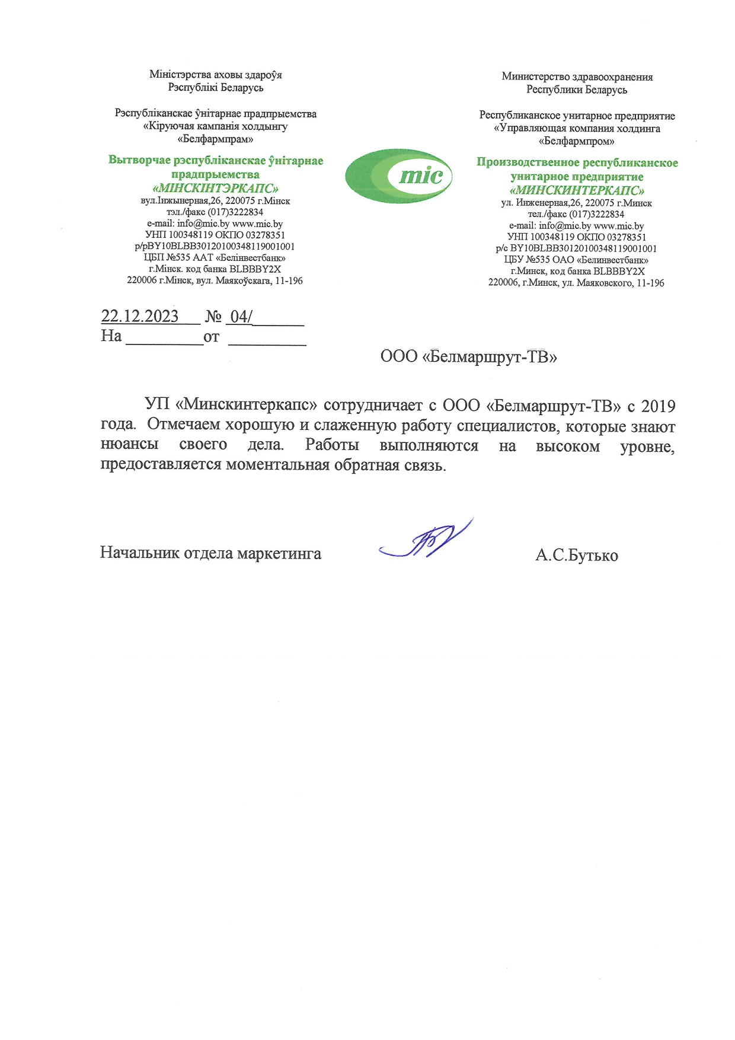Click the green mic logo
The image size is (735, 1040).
pos(399,176)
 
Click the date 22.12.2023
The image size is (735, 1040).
pos(140,317)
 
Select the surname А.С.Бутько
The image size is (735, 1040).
pos(576,556)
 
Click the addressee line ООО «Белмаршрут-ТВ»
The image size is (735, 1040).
pos(468,357)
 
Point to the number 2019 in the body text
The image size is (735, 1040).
pos(658,406)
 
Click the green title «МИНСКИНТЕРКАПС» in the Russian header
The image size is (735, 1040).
pos(577,190)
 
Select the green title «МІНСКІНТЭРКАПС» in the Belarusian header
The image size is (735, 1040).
pos(216,189)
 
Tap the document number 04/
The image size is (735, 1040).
pos(241,317)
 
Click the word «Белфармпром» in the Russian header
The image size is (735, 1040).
pos(576,141)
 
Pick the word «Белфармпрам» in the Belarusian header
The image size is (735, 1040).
pos(215,139)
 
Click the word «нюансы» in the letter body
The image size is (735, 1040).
pos(130,445)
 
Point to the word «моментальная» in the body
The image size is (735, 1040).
pos(277,465)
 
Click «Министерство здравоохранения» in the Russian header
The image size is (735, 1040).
pos(577,76)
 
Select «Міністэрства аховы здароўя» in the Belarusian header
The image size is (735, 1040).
pos(216,75)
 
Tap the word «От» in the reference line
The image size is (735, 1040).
pos(211,337)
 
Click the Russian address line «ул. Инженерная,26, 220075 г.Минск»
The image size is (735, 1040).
pos(577,203)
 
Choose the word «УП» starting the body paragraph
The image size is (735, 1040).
pos(157,405)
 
